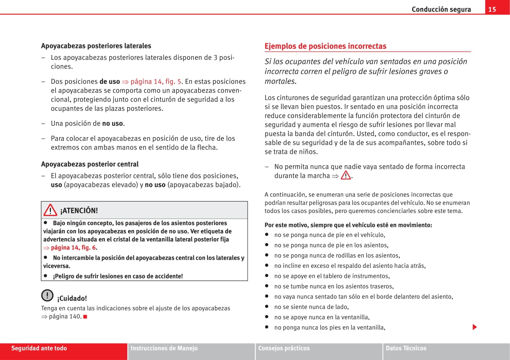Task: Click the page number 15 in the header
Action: tap(492, 9)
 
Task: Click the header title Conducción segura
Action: tap(441, 10)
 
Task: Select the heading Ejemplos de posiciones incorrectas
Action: tap(325, 46)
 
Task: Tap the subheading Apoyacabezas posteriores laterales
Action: tap(96, 46)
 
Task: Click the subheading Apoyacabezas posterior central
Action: tap(90, 164)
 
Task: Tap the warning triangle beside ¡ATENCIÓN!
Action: tap(50, 210)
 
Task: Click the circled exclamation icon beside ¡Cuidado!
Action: tap(47, 296)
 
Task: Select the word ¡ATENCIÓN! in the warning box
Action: tap(79, 211)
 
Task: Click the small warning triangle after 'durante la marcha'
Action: tap(345, 176)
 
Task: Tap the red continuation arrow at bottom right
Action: tap(475, 327)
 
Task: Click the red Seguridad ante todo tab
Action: tap(39, 348)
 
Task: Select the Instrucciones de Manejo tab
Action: tap(164, 348)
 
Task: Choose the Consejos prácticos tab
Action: tap(284, 348)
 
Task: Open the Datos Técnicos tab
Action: tap(406, 348)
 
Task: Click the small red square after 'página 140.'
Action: tap(85, 317)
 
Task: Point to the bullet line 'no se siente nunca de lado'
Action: tap(311, 307)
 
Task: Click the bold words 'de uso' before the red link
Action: tap(110, 82)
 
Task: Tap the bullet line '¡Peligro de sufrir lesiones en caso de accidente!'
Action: tap(118, 276)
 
